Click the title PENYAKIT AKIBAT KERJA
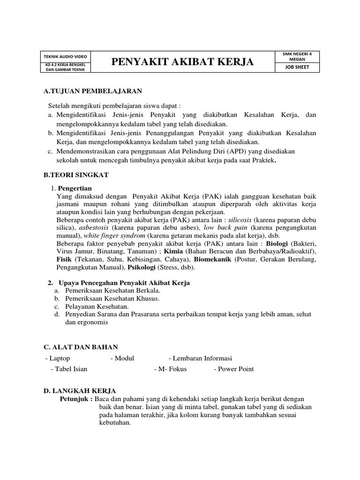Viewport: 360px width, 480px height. pos(182,62)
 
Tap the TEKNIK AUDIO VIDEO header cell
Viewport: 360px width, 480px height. pos(66,56)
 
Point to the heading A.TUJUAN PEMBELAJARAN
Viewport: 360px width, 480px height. pos(92,90)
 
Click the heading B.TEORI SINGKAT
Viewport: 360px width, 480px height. pos(76,175)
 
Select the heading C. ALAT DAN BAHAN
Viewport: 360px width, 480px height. pos(81,347)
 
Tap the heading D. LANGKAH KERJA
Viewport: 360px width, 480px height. pos(80,390)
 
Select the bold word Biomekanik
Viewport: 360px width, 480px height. pos(212,259)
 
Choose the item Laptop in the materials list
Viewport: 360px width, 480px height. pos(59,358)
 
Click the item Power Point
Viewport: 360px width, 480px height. pos(235,369)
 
